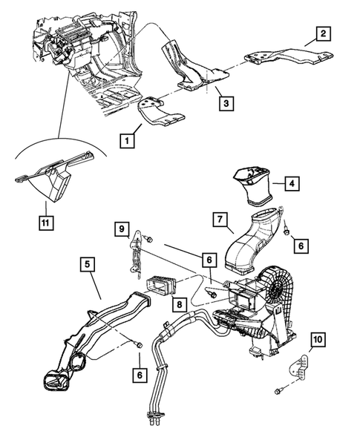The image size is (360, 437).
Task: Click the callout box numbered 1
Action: (x=127, y=140)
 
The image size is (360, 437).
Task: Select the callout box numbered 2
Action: (x=323, y=34)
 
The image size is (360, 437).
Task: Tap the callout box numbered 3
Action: (x=226, y=103)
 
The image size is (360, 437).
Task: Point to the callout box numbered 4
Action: (x=292, y=184)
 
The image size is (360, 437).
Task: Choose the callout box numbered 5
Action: (x=88, y=264)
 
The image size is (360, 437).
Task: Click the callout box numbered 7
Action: (x=220, y=220)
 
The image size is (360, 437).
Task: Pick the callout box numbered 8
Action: (x=179, y=303)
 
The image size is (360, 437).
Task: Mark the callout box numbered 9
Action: (x=122, y=229)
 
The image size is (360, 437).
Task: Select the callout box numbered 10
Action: (x=318, y=340)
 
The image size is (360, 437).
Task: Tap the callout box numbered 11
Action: (x=46, y=223)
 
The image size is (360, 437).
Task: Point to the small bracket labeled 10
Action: (x=298, y=367)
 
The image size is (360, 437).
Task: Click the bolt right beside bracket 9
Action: (x=148, y=239)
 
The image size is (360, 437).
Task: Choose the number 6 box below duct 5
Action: (x=140, y=375)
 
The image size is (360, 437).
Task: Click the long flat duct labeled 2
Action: (x=289, y=56)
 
